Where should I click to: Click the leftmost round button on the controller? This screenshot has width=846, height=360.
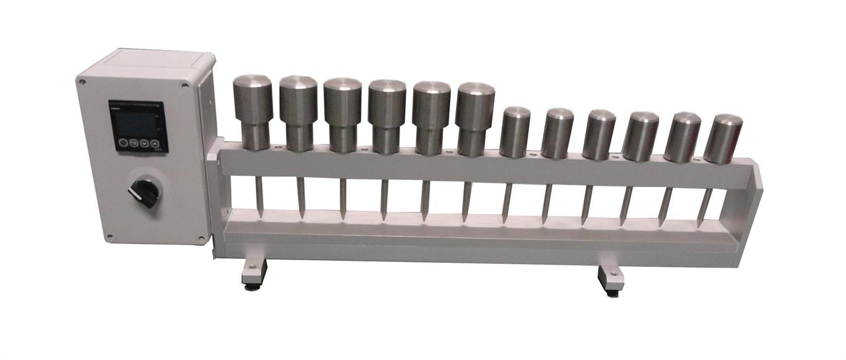pyautogui.click(x=124, y=143)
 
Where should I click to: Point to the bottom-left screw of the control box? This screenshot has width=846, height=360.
pyautogui.click(x=109, y=236)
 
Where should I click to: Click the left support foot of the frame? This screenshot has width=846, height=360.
pyautogui.click(x=254, y=272)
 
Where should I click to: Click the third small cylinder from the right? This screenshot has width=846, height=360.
pyautogui.click(x=640, y=136)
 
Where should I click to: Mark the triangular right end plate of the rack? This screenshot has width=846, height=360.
pyautogui.click(x=756, y=198)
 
